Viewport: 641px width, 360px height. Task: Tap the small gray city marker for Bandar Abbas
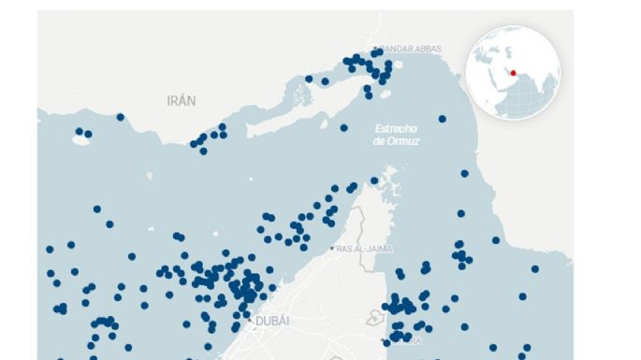click(x=375, y=49)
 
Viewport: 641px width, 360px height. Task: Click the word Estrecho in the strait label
click(x=395, y=127)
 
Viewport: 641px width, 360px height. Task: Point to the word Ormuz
click(x=403, y=140)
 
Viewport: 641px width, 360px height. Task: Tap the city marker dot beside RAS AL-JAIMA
click(x=332, y=249)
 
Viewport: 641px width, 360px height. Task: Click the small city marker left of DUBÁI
click(x=249, y=321)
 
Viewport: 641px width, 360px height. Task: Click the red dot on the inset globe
click(x=512, y=73)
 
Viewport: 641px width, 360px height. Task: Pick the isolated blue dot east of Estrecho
click(x=442, y=119)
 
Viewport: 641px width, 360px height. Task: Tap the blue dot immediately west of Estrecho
click(x=343, y=127)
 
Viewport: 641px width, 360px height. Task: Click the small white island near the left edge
click(x=80, y=141)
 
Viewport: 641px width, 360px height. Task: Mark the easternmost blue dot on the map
click(x=535, y=268)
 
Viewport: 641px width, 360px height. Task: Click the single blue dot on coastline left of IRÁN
click(x=120, y=117)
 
